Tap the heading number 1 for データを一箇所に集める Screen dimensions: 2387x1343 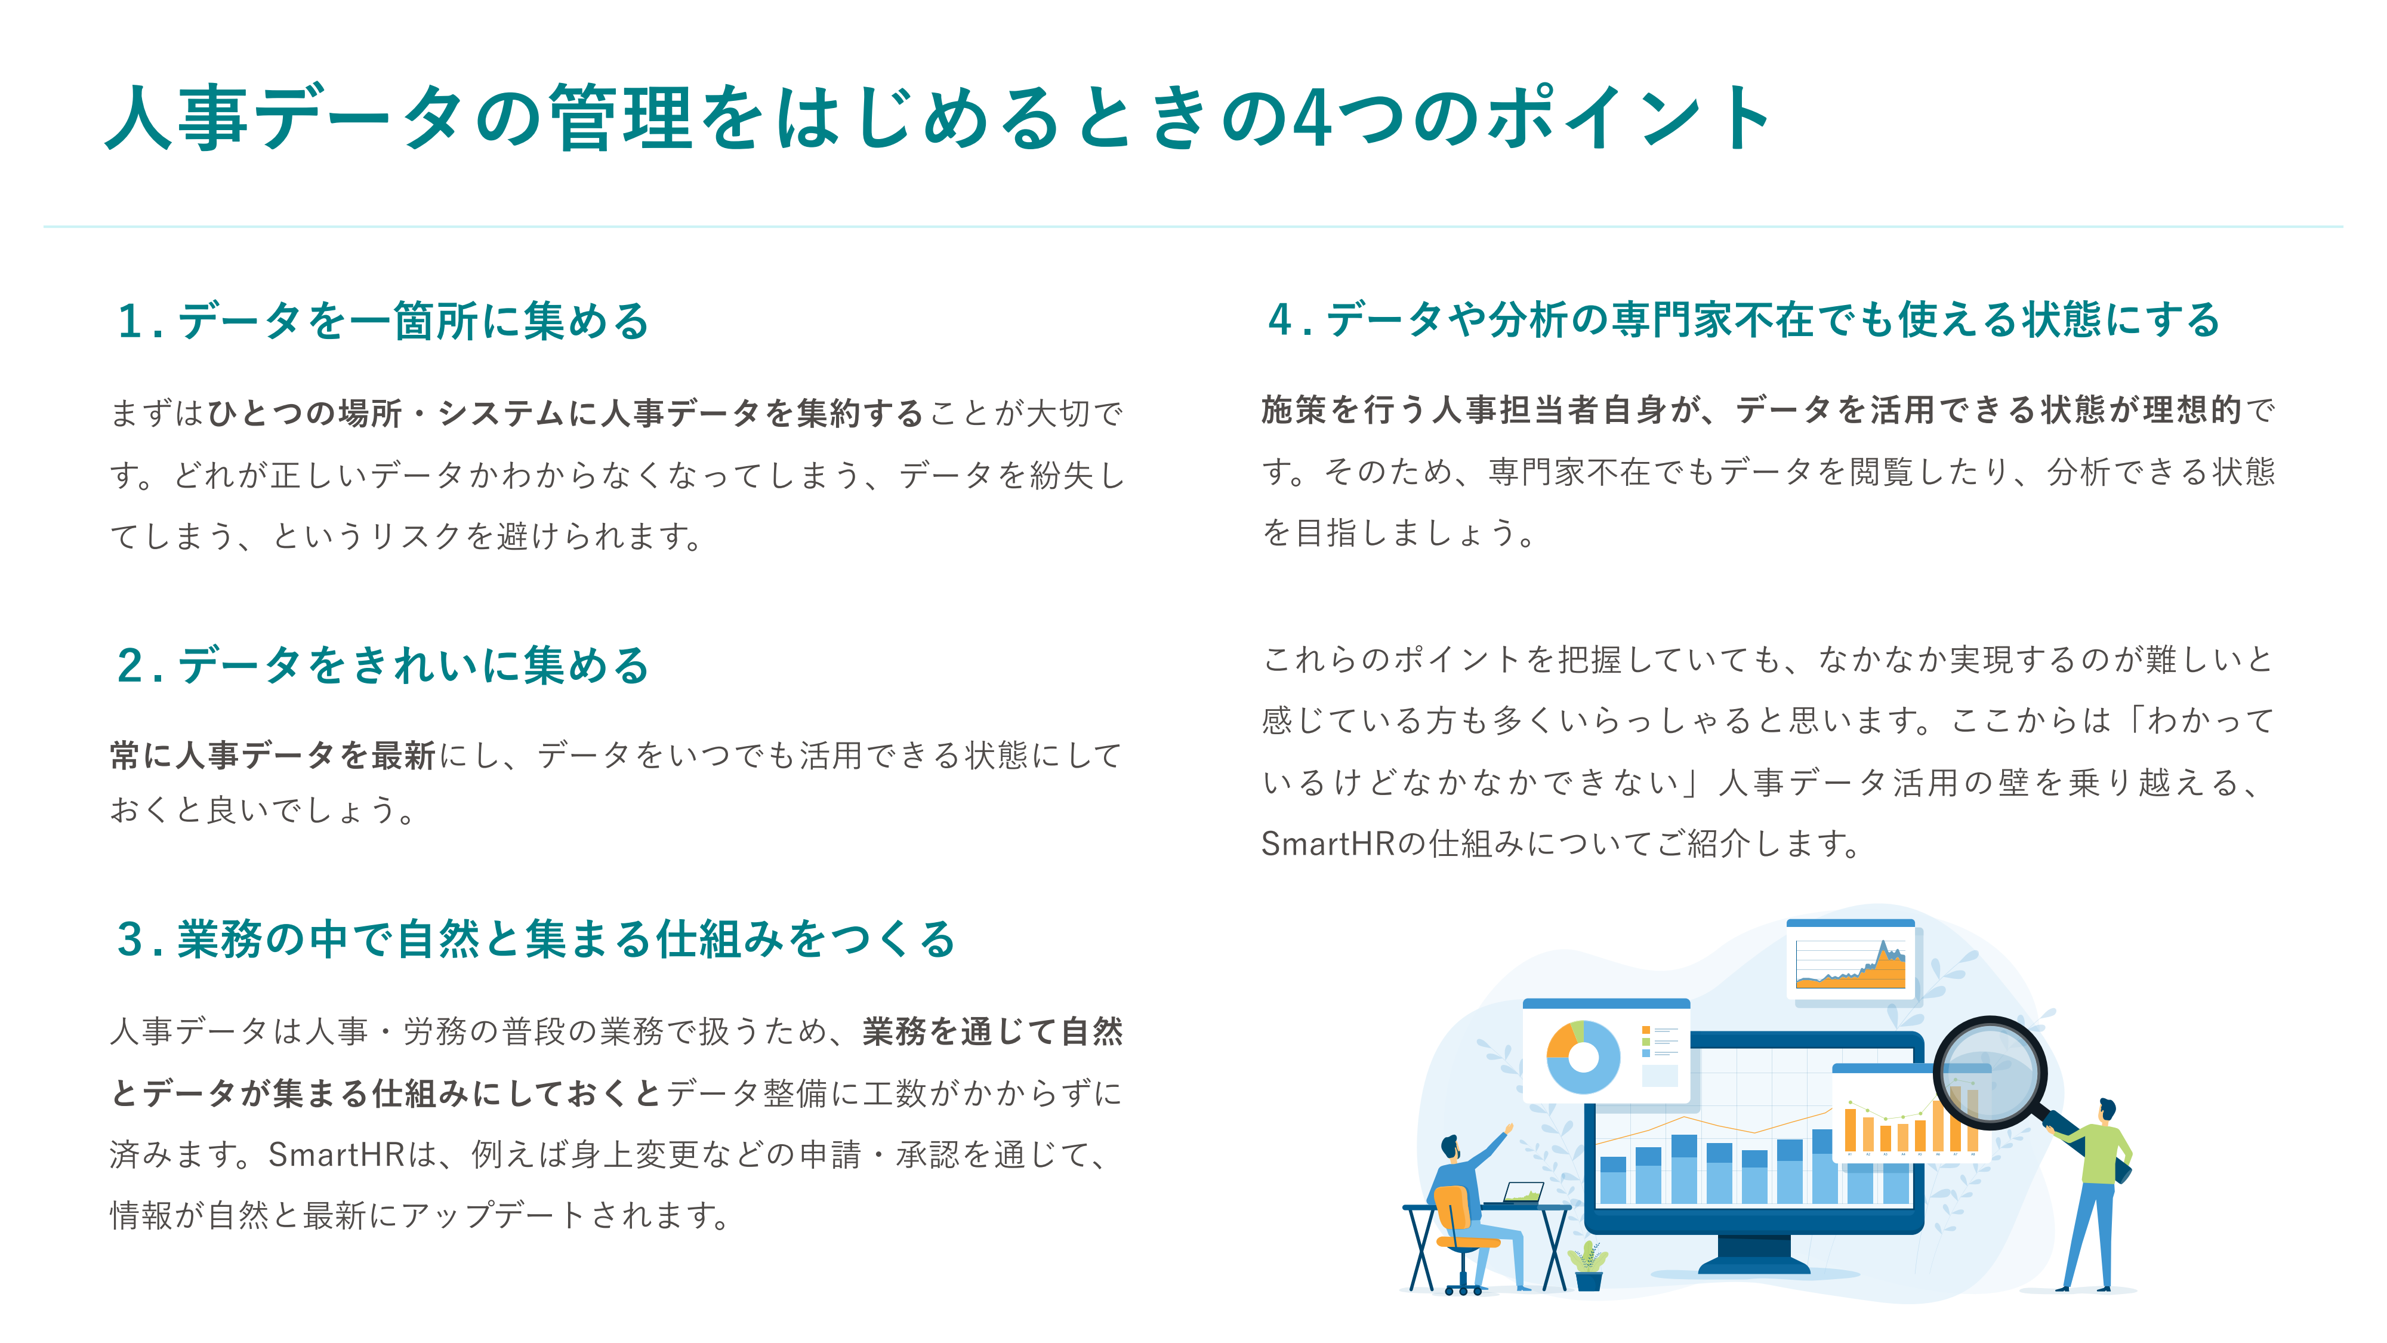tap(129, 322)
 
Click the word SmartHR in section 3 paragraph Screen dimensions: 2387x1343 tap(335, 1155)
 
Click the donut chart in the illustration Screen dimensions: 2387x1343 tap(1583, 1056)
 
